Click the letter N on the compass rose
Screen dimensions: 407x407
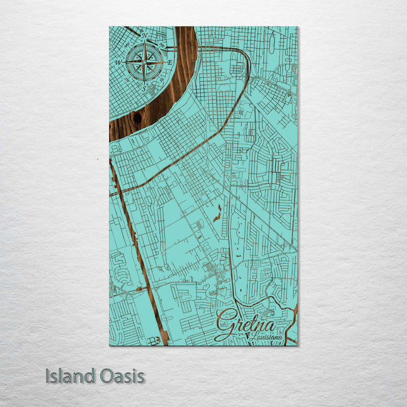(x=145, y=36)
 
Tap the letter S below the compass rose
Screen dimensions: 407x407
(x=145, y=89)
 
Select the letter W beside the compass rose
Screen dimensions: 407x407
(x=118, y=62)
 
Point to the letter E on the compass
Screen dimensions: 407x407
(x=171, y=62)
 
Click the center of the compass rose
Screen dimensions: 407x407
(x=145, y=62)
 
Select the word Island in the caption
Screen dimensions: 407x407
(x=67, y=376)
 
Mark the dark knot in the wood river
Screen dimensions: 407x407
(x=136, y=118)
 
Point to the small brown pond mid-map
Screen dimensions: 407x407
(x=217, y=214)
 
